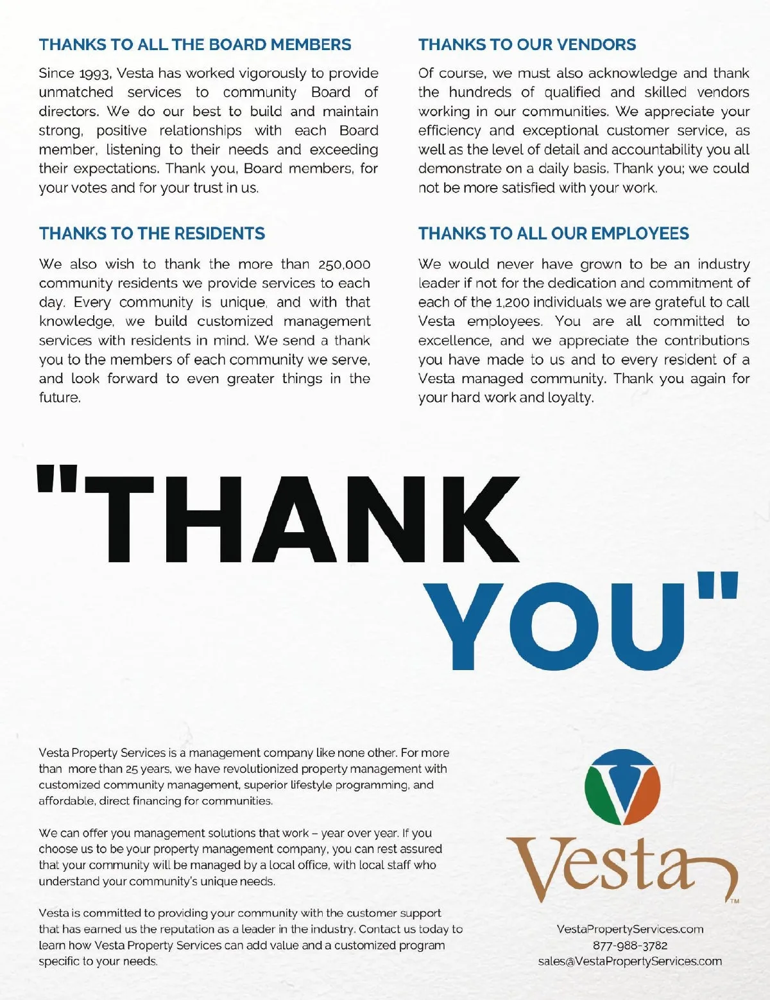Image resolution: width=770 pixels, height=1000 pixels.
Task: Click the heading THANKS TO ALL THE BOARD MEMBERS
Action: coord(195,45)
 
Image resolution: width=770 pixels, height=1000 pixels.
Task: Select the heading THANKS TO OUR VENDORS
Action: coord(527,45)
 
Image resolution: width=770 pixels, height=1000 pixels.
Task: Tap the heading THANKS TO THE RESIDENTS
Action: coord(152,234)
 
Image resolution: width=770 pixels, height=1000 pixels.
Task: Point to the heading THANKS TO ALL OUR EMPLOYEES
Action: coord(554,234)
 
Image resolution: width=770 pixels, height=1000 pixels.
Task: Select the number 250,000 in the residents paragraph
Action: coord(344,264)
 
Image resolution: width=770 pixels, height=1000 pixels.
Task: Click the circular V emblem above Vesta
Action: coord(622,787)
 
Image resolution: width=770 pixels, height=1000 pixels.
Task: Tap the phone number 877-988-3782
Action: coord(630,945)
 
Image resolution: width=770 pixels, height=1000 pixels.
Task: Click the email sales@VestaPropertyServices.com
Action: coord(630,961)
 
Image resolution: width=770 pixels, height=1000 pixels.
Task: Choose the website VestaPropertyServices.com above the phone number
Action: coord(630,929)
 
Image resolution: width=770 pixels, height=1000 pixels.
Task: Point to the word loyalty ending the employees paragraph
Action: coord(570,398)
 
